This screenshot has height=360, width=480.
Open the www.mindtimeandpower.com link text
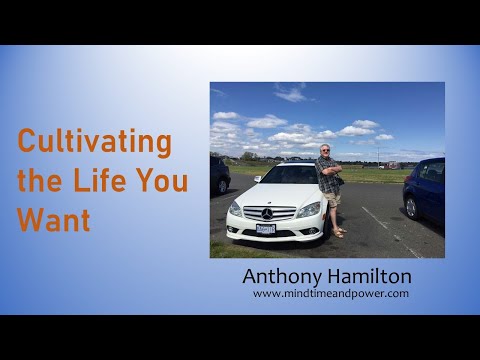point(330,294)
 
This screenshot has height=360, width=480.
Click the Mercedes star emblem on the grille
point(267,213)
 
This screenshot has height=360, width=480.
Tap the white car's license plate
point(265,229)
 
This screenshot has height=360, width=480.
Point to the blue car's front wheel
point(410,206)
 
